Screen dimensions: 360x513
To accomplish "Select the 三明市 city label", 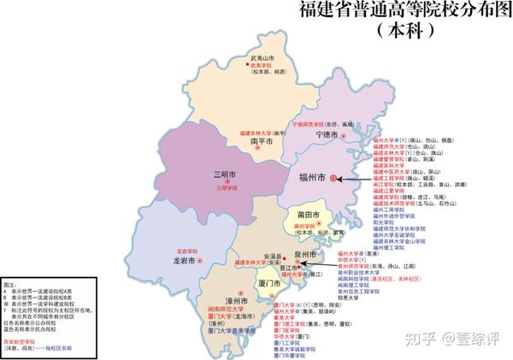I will (x=225, y=174).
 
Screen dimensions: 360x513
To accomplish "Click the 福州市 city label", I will (x=310, y=180).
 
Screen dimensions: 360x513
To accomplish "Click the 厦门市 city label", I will (x=269, y=282).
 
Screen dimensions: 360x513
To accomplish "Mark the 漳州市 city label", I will (x=236, y=301).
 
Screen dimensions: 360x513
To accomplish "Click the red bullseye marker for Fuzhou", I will (x=333, y=179).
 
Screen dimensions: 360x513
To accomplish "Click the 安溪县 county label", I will (x=272, y=256).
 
